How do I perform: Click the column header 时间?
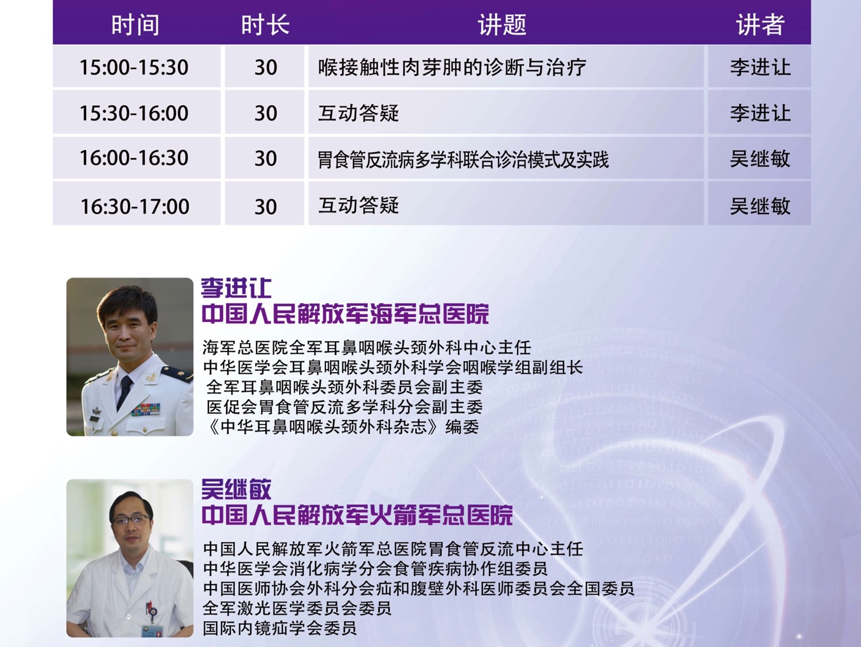pyautogui.click(x=135, y=25)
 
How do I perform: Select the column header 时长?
pyautogui.click(x=265, y=25)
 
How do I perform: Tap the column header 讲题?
pyautogui.click(x=502, y=25)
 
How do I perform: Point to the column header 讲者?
pyautogui.click(x=760, y=25)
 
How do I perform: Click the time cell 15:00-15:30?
pyautogui.click(x=134, y=67)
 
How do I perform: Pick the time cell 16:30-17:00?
pyautogui.click(x=135, y=206)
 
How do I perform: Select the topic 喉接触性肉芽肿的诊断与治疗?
pyautogui.click(x=452, y=67)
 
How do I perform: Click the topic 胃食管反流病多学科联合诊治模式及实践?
pyautogui.click(x=463, y=159)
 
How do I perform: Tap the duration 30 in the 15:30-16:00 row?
pyautogui.click(x=266, y=113)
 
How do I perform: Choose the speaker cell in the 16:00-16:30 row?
pyautogui.click(x=760, y=159)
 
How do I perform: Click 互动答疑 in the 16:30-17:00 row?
pyautogui.click(x=359, y=205)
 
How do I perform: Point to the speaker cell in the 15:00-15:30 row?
pyautogui.click(x=760, y=67)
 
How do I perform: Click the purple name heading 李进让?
pyautogui.click(x=236, y=288)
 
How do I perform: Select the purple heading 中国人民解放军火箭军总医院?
pyautogui.click(x=357, y=515)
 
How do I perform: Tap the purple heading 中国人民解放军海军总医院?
pyautogui.click(x=345, y=314)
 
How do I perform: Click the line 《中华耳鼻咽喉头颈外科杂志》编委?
pyautogui.click(x=342, y=427)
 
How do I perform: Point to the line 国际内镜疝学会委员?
pyautogui.click(x=280, y=628)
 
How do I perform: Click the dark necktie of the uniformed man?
pyautogui.click(x=125, y=392)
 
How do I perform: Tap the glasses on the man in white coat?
pyautogui.click(x=131, y=520)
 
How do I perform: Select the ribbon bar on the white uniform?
pyautogui.click(x=146, y=409)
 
